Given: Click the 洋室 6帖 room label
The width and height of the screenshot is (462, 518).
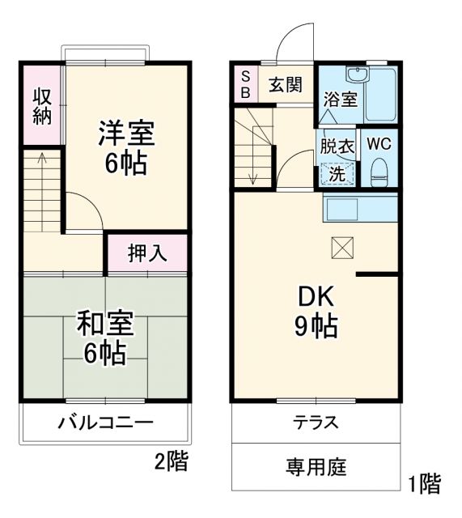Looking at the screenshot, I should point(126,148).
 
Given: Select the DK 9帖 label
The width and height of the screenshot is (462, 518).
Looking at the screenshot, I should point(315,311).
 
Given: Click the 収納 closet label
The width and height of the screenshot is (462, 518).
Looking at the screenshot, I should point(42,105).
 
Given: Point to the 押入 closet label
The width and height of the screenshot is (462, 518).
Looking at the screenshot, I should point(147,253).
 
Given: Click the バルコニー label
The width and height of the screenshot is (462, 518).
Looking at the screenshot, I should point(105,422).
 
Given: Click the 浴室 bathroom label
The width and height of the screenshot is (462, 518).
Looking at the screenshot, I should point(341,100).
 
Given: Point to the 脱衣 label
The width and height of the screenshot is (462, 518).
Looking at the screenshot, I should point(337,147).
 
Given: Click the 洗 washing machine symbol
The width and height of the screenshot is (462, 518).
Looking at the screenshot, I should point(337,172).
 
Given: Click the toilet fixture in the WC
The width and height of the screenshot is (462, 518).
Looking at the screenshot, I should point(379,171).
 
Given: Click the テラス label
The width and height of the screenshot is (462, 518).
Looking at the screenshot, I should point(316,422).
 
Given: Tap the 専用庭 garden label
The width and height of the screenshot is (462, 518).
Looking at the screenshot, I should point(316,467).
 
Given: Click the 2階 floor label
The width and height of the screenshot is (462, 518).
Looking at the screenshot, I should point(172,462).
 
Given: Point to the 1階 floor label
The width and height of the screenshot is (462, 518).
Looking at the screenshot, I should point(424,486).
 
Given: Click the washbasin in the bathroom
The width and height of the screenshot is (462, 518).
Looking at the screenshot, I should point(357,76).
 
